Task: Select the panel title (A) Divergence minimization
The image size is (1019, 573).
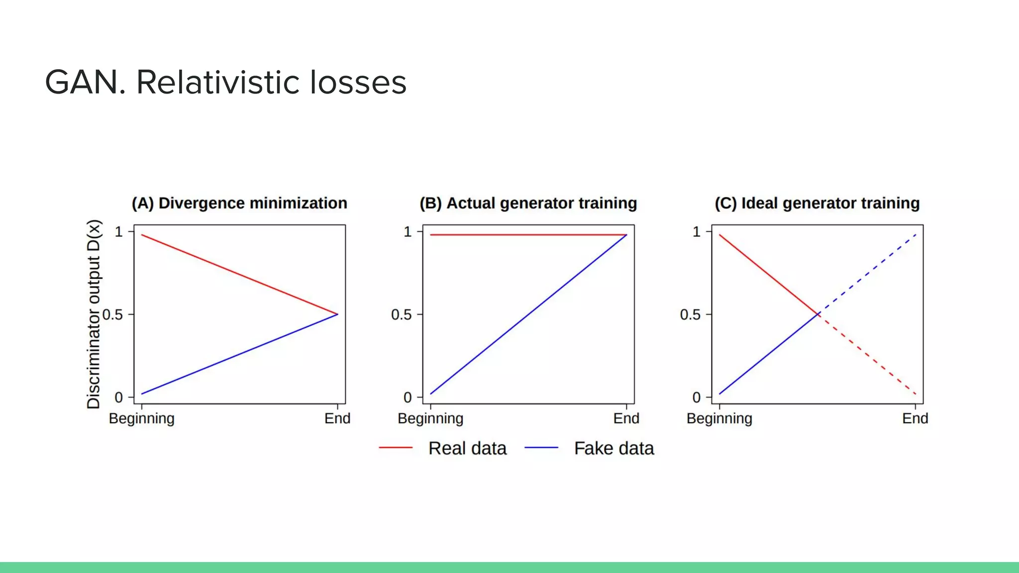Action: pos(239,203)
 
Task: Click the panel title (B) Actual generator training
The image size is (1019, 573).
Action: pos(528,203)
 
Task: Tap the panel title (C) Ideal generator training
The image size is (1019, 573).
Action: pos(817,203)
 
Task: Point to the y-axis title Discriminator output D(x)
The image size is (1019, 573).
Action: pos(94,314)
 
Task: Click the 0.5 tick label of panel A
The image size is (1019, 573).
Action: pos(112,315)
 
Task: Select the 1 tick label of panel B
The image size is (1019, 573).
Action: pos(408,232)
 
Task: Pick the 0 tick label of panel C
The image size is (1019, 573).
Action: pos(696,397)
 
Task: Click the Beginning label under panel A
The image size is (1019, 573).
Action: pos(142,418)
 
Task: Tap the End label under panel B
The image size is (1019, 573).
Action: pos(626,418)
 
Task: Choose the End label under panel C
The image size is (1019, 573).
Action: pos(915,418)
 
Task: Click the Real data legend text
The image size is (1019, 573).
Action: pos(467,448)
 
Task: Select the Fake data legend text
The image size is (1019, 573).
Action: pos(614,448)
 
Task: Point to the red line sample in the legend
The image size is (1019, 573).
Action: pos(396,448)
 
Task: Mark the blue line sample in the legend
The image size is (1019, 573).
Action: pos(541,448)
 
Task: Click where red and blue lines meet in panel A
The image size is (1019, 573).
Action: pos(337,314)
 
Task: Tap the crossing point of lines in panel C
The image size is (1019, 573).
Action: pos(818,314)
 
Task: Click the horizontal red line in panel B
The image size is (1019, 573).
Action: pos(527,235)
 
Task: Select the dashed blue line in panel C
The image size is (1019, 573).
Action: pos(868,273)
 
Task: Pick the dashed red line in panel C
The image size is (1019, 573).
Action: pos(868,356)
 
